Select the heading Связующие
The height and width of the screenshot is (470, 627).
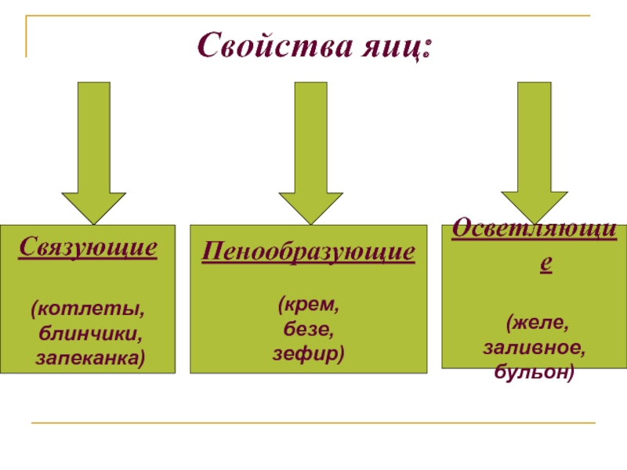pyautogui.click(x=88, y=248)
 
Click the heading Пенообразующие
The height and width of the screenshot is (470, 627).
pyautogui.click(x=308, y=252)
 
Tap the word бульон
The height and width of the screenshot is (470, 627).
pyautogui.click(x=535, y=372)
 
